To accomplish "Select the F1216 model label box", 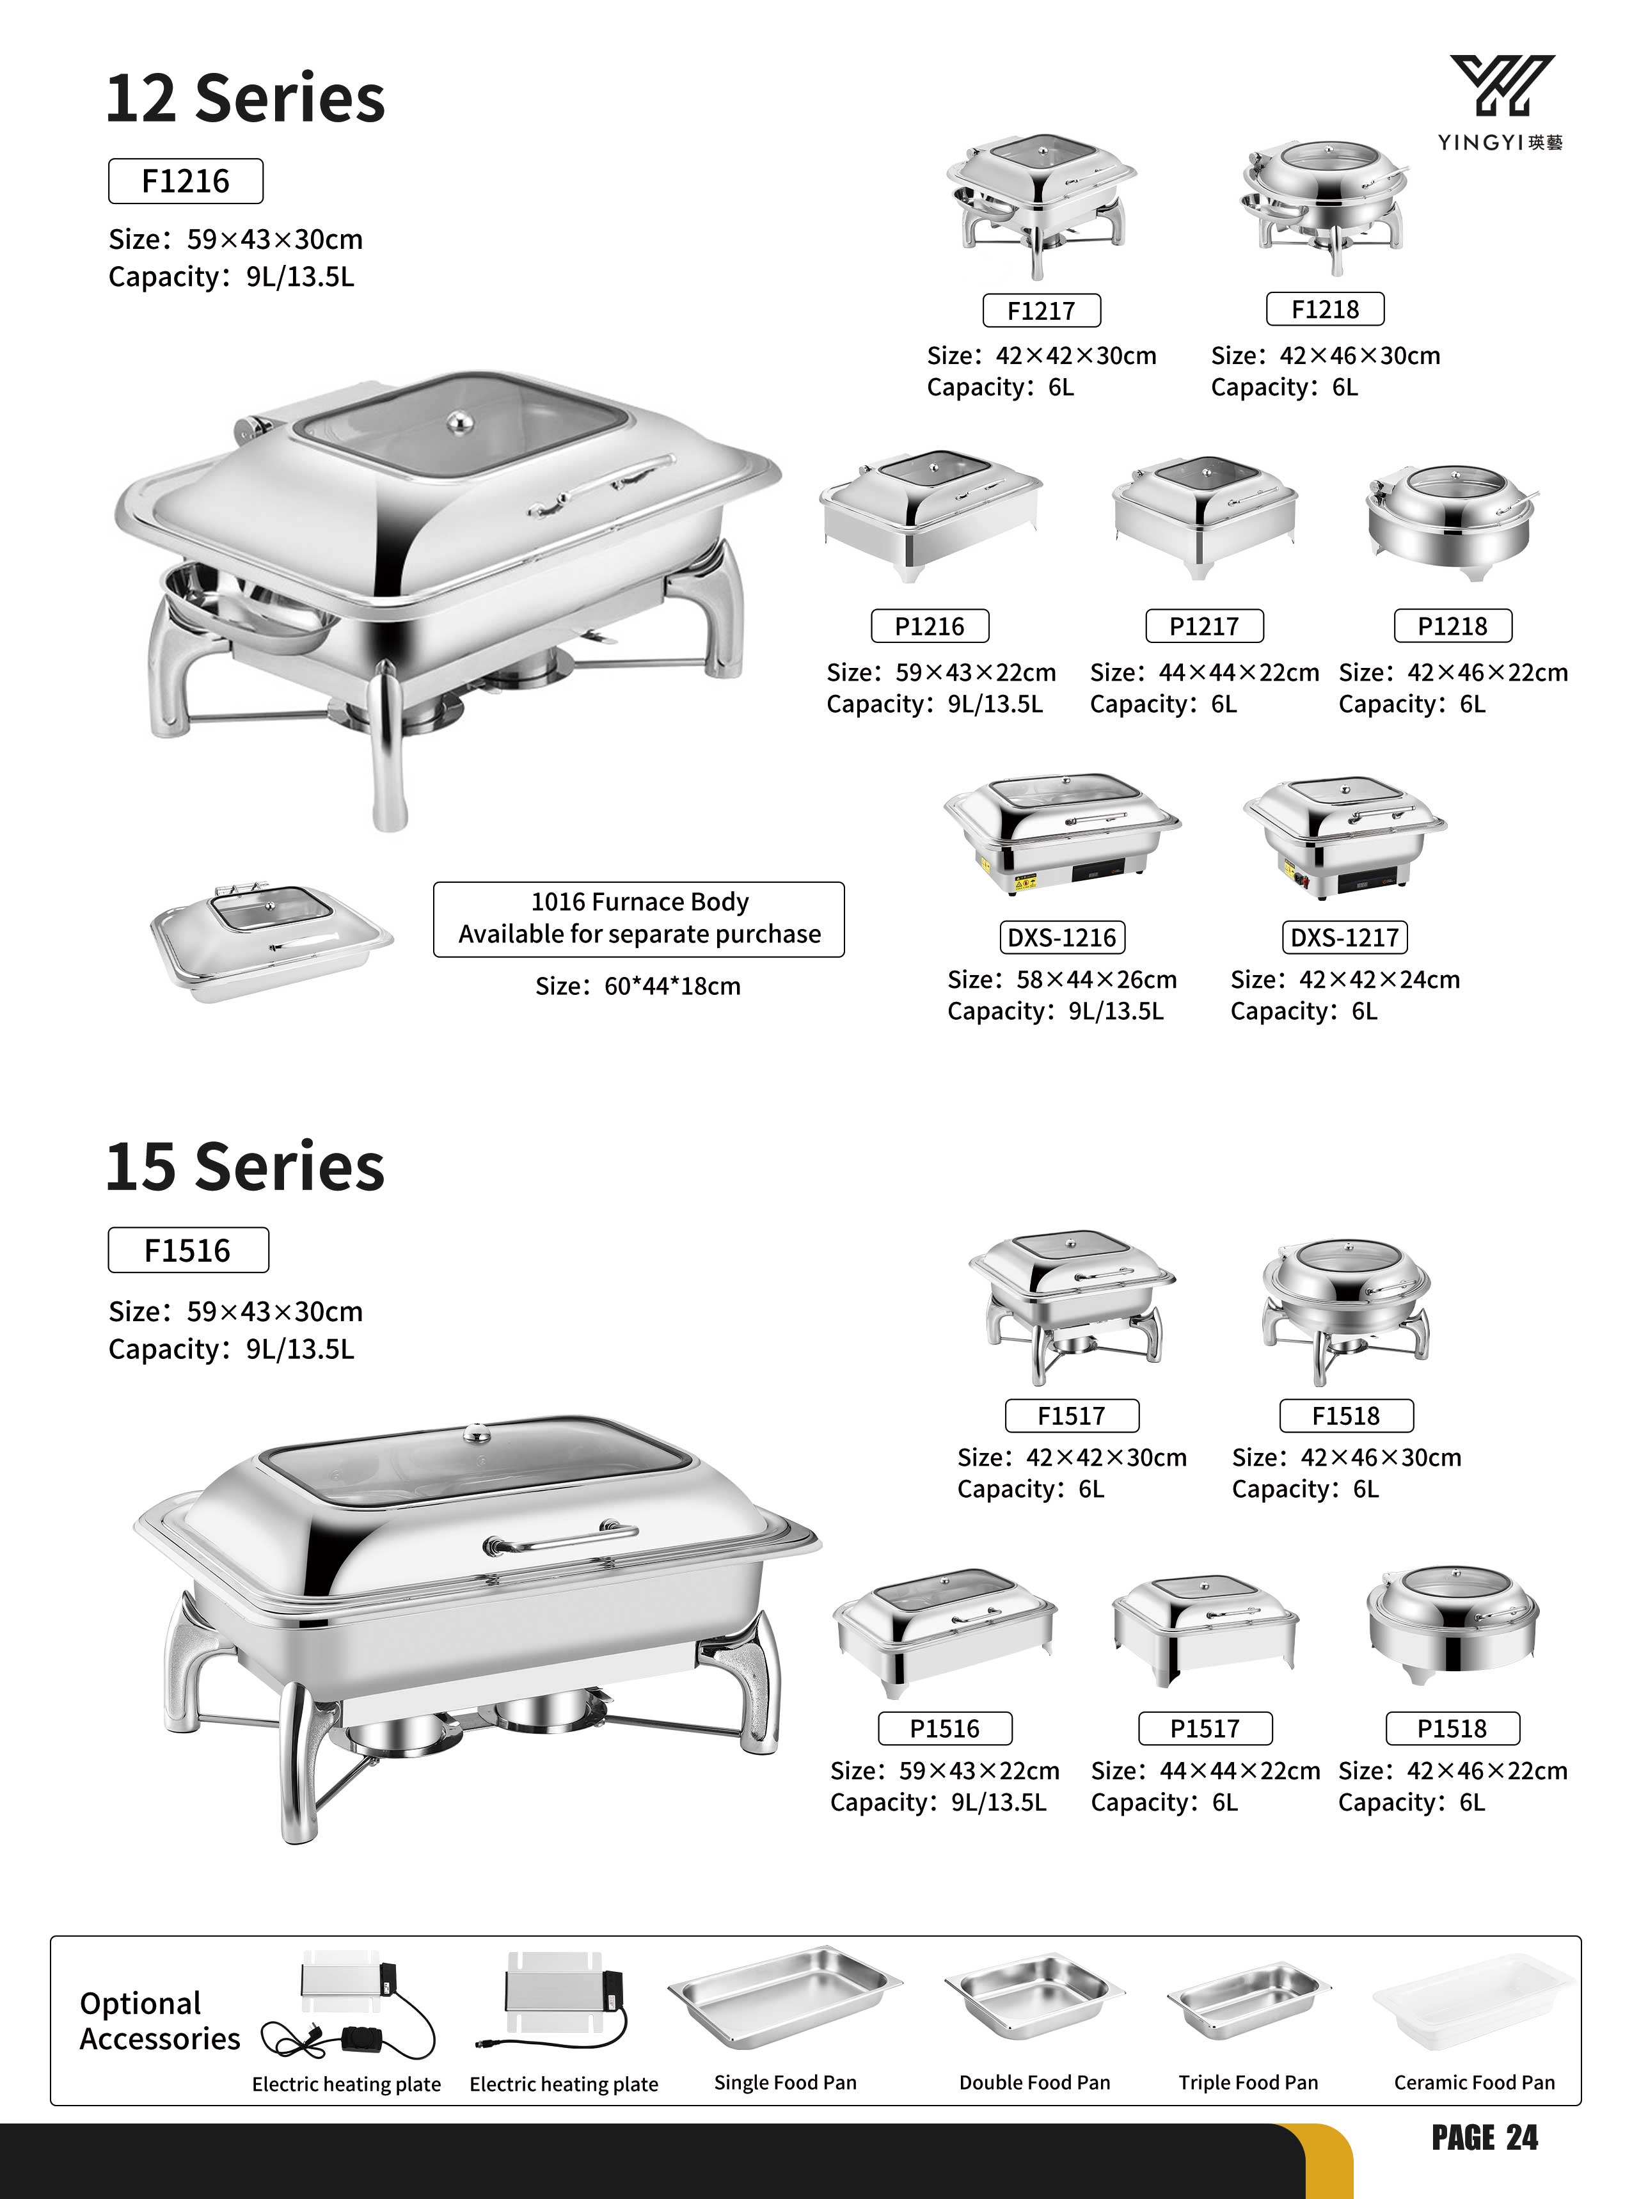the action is (x=186, y=181).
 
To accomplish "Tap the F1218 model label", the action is (x=1325, y=309).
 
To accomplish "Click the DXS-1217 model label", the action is (x=1345, y=937).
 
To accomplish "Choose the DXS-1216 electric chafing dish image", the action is (x=1062, y=834).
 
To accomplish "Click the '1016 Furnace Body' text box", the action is (x=639, y=919).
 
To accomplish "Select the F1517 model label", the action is (x=1072, y=1416).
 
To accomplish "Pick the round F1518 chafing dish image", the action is (x=1345, y=1312).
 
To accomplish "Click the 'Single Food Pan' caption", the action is (x=786, y=2083).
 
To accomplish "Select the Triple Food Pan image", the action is (x=1244, y=2001).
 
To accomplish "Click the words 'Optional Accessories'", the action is (x=160, y=2020).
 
